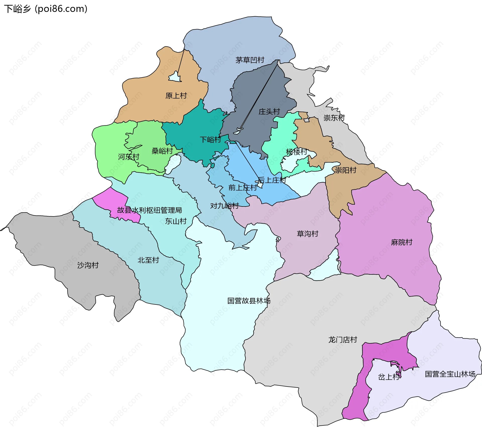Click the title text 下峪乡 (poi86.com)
pos(46,9)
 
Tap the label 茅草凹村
pos(250,60)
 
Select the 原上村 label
pos(176,96)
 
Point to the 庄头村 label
pos(269,112)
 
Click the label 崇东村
pos(334,118)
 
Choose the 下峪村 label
pos(210,139)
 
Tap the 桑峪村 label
pos(162,151)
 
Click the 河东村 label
pos(129,157)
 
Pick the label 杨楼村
pos(296,152)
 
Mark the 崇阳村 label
pos(346,170)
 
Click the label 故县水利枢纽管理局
pos(149,210)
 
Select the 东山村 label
pos(176,221)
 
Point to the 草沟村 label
pos(308,234)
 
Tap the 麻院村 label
pos(402,242)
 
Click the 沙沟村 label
pos(88,265)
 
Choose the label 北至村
pos(148,260)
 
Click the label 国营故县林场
pos(249,301)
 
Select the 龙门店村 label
pos(343,340)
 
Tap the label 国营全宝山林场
pos(450,374)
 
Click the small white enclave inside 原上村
pos(175,77)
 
